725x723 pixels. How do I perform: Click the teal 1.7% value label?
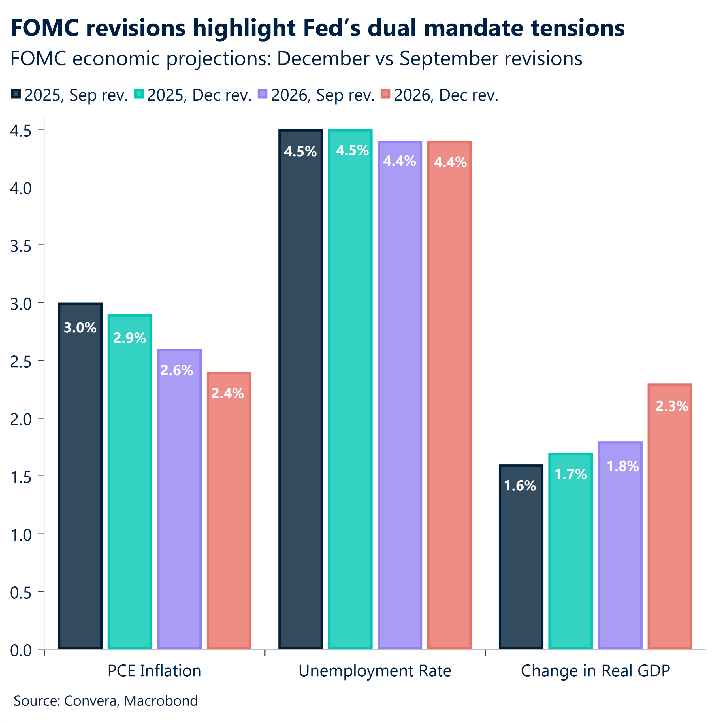[570, 474]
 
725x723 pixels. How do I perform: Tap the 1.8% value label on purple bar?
[622, 466]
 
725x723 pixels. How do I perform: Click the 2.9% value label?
[129, 338]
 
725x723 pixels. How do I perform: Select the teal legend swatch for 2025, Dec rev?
[139, 94]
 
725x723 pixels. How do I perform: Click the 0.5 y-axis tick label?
[21, 593]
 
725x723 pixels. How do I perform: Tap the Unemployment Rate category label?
[374, 671]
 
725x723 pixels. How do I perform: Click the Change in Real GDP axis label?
[595, 671]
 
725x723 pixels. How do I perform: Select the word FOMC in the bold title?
[45, 28]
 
